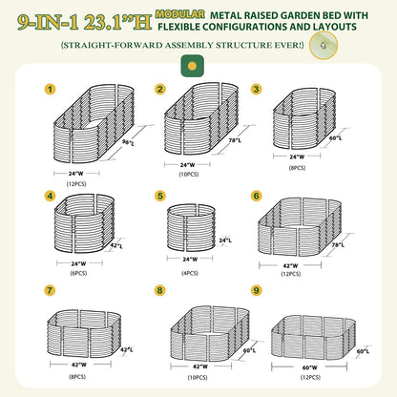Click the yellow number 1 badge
point(50,89)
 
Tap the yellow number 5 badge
point(160,196)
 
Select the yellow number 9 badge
point(257,290)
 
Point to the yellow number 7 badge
point(50,290)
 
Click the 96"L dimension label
point(129,143)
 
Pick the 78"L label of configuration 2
point(235,140)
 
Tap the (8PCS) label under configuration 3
point(297,168)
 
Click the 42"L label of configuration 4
point(116,246)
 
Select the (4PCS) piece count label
point(190,273)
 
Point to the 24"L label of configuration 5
point(225,240)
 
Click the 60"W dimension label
point(309,367)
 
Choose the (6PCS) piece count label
point(78,273)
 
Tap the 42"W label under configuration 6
point(290,265)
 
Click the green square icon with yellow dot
point(192,66)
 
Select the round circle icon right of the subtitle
point(324,45)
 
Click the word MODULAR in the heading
point(180,14)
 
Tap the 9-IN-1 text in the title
point(48,22)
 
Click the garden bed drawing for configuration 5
point(191,228)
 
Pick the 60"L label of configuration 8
point(249,350)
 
